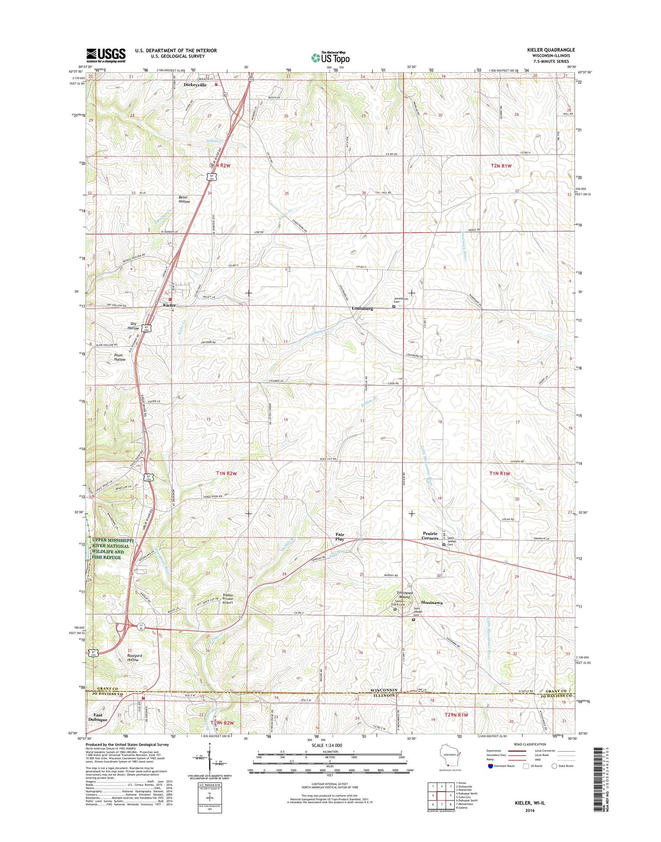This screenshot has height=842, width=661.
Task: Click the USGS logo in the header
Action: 106,55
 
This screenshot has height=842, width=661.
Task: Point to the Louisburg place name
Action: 362,309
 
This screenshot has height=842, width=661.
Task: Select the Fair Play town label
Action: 339,537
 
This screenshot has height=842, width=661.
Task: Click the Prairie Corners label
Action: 430,536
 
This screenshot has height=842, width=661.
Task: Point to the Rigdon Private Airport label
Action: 228,599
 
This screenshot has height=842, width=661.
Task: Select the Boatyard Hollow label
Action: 133,657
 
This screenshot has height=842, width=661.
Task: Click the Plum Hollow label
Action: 119,357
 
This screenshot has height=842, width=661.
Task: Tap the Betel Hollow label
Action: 184,199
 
